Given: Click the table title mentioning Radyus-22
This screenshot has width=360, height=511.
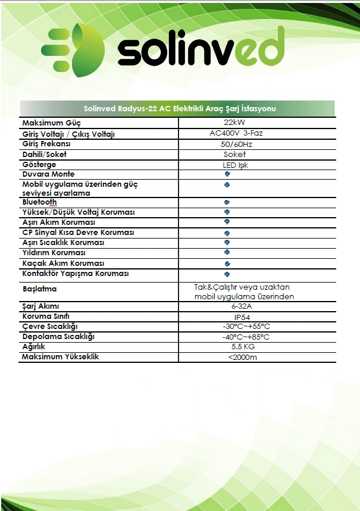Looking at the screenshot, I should (179, 108).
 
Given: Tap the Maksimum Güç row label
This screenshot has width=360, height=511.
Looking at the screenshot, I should (51, 123).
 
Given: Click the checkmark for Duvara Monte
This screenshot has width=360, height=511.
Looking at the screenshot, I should (227, 174).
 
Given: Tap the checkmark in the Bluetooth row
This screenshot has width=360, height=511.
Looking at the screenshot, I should (227, 202).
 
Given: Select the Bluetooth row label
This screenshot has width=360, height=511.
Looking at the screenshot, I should (39, 202).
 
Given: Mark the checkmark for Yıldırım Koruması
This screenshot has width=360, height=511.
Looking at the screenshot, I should (227, 252).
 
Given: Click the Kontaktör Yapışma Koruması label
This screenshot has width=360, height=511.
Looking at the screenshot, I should (75, 274).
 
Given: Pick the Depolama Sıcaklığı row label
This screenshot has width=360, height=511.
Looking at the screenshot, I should (58, 337).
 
